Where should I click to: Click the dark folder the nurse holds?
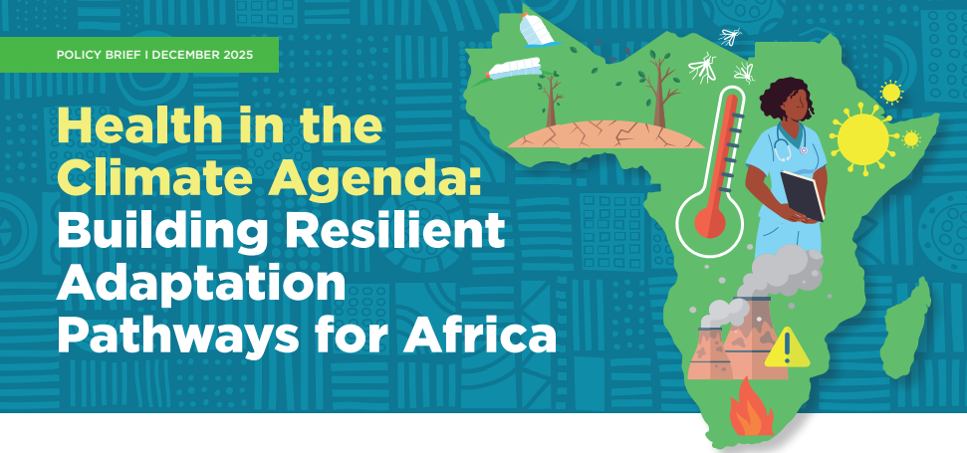805,195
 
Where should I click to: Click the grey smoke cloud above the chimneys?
787,269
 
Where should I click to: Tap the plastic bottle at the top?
535,29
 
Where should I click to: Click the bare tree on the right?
656,90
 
